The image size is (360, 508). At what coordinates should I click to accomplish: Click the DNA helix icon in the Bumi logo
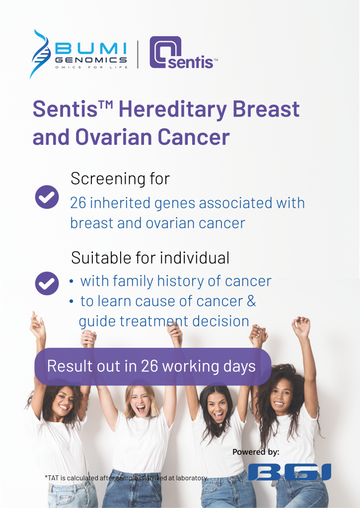(41, 54)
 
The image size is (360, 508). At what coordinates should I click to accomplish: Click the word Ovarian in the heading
(111, 137)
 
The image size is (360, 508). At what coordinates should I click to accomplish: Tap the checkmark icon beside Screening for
(47, 197)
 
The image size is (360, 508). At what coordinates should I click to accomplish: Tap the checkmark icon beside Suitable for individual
(47, 283)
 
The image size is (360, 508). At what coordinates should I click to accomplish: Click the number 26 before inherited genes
(78, 203)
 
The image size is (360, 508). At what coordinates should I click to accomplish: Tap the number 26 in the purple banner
(150, 367)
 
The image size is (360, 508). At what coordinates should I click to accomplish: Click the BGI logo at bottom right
(289, 472)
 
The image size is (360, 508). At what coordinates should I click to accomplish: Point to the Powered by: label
(256, 452)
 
